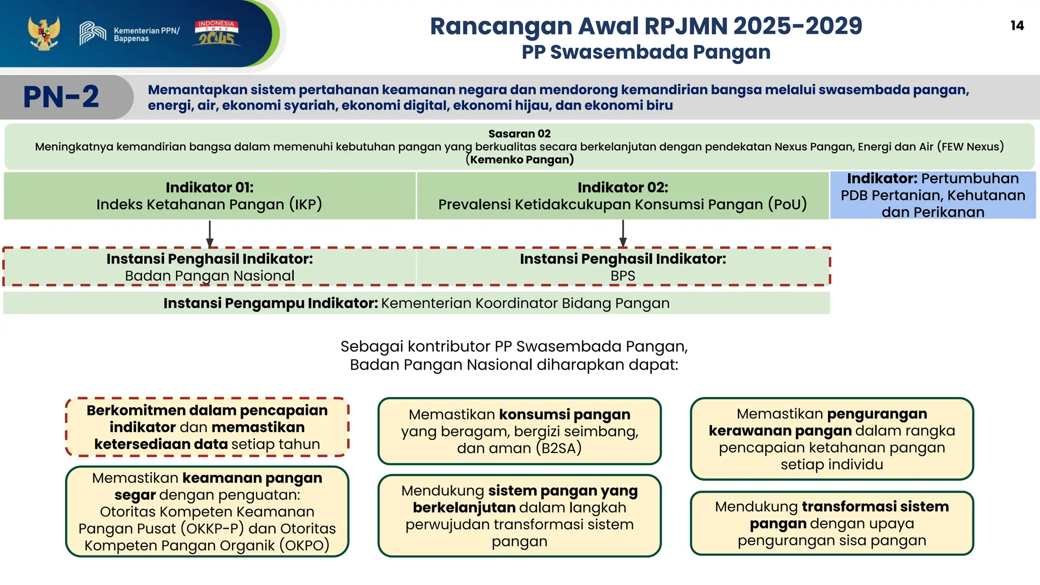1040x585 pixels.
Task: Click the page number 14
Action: coord(1017,26)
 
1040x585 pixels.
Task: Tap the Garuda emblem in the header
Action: coord(44,34)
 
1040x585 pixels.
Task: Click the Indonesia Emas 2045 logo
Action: coord(216,34)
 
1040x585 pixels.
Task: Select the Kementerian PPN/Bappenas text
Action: coord(146,35)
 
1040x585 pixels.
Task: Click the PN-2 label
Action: coord(61,97)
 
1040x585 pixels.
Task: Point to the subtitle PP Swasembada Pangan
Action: coord(645,52)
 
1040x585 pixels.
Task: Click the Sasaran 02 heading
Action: coord(519,134)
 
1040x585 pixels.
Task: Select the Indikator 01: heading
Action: coord(209,187)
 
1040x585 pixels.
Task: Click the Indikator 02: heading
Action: coord(623,187)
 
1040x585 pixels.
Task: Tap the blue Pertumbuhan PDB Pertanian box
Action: coord(932,196)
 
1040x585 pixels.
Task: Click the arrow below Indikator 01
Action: coord(210,234)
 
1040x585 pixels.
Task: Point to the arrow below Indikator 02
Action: coord(623,234)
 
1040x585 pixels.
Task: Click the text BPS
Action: coord(623,276)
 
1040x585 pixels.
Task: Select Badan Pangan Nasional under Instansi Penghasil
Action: coord(209,276)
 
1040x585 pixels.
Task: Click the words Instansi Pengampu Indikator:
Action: coord(270,303)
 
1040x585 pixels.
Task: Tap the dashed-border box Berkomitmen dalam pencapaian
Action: coord(207,427)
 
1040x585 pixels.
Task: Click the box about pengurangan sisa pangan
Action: coord(832,523)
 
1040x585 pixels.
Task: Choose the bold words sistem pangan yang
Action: coord(562,491)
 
